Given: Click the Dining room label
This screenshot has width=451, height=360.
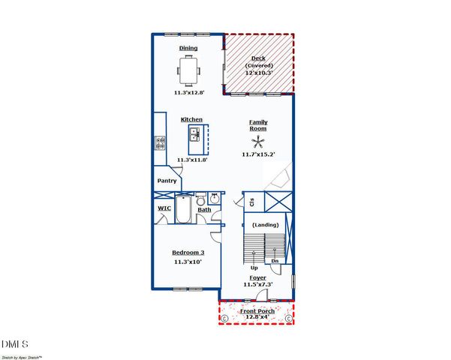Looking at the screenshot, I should pyautogui.click(x=188, y=48).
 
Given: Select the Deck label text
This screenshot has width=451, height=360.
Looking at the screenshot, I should pyautogui.click(x=258, y=58).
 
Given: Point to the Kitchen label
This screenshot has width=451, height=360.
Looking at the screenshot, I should pyautogui.click(x=191, y=119).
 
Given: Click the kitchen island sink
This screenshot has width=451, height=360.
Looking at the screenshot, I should pyautogui.click(x=194, y=135).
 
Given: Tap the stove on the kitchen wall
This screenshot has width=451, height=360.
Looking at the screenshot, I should pyautogui.click(x=159, y=142).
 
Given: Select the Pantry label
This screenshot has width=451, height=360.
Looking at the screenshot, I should pyautogui.click(x=167, y=181).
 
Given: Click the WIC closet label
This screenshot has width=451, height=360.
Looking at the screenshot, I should pyautogui.click(x=164, y=208).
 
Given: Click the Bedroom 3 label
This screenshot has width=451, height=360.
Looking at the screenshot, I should pyautogui.click(x=188, y=253).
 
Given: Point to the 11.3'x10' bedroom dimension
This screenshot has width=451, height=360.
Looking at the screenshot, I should pyautogui.click(x=188, y=262).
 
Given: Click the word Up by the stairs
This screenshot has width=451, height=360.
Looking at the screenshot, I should pyautogui.click(x=254, y=268).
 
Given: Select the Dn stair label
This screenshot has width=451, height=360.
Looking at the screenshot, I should pyautogui.click(x=275, y=260).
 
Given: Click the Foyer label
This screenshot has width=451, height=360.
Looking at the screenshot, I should pyautogui.click(x=258, y=277).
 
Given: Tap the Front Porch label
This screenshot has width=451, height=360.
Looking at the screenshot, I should pyautogui.click(x=257, y=310).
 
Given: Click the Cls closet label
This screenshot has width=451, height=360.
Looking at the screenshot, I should pyautogui.click(x=252, y=201).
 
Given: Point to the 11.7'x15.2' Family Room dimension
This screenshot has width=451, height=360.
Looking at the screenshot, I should pyautogui.click(x=258, y=154).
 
